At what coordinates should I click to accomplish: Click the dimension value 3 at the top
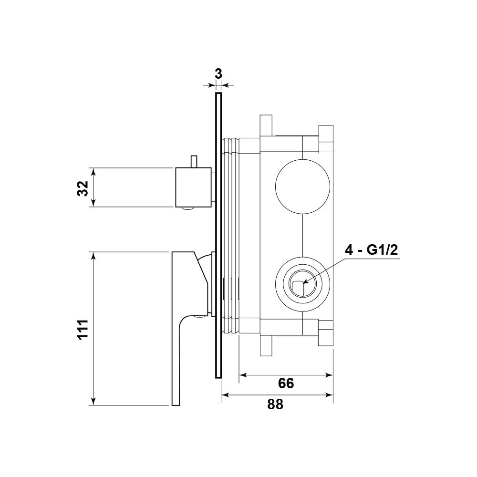pos(218,74)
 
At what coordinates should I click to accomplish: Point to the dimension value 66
pos(286,384)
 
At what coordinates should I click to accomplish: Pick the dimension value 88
pos(275,404)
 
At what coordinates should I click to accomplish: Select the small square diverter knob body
pos(193,187)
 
